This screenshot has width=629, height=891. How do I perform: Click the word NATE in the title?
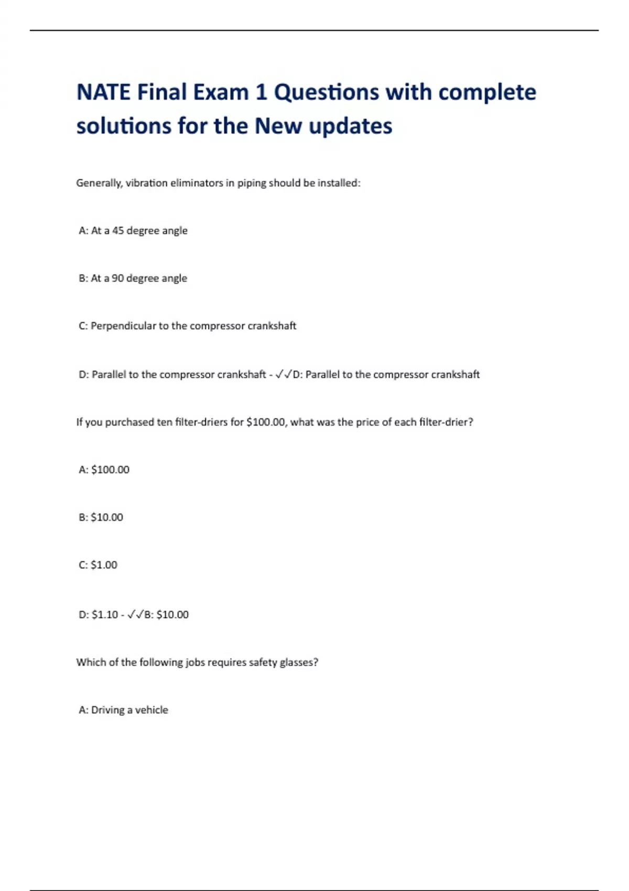pos(103,92)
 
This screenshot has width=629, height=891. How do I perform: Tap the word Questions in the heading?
pos(327,92)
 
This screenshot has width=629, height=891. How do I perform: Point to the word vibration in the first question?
pos(146,183)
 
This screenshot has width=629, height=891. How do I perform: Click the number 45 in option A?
pos(118,231)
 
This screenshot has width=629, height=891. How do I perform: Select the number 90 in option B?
pos(117,278)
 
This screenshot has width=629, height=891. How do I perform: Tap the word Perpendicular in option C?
pos(124,326)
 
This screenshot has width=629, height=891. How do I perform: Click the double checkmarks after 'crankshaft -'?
pos(284,374)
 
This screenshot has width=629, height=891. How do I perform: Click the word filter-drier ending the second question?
pos(446,422)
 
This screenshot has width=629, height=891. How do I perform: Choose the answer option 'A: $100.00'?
pos(104,470)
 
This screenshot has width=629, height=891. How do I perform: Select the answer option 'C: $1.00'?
pos(98,565)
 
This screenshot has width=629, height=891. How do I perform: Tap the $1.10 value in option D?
pos(105,614)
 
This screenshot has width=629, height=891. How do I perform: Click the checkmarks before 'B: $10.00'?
pos(135,614)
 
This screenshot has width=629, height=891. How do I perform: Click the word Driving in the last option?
pos(108,710)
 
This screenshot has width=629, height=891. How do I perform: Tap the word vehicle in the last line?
pos(151,710)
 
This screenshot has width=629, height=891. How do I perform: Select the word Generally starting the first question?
pos(99,183)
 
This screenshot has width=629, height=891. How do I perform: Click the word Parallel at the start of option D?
pos(109,374)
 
